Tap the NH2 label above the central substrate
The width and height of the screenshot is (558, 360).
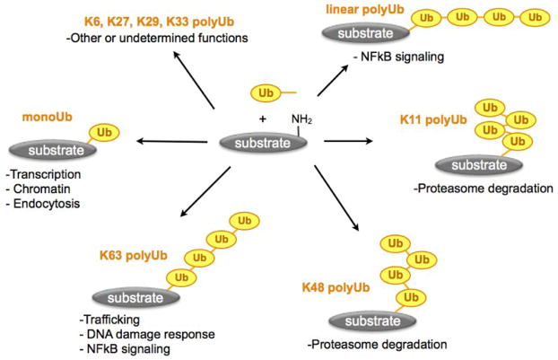pyautogui.click(x=301, y=119)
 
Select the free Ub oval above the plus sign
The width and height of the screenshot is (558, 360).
pyautogui.click(x=265, y=92)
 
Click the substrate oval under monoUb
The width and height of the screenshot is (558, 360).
pyautogui.click(x=44, y=147)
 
